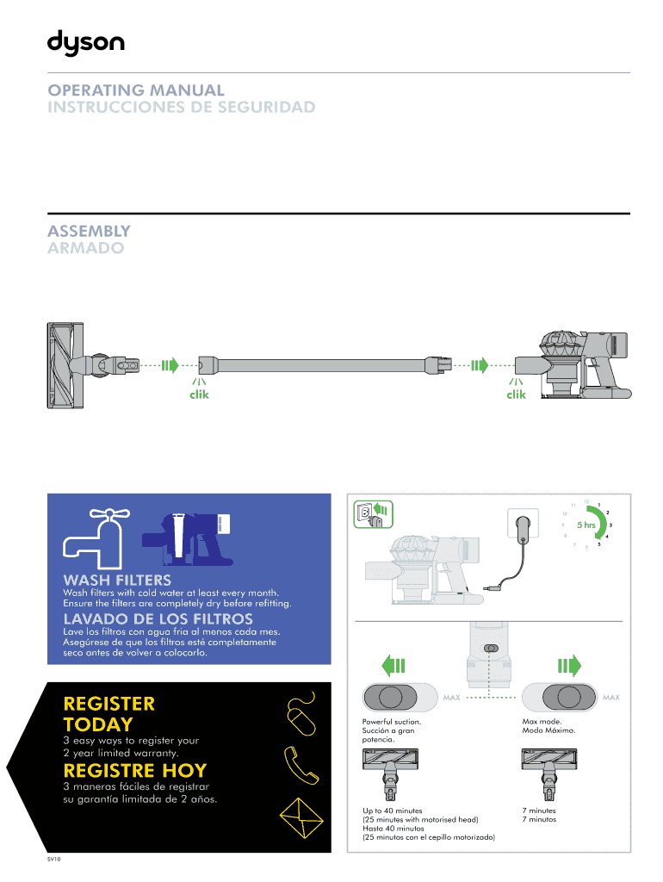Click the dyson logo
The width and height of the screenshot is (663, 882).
coord(86,43)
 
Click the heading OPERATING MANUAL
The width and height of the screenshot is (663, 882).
coord(136,90)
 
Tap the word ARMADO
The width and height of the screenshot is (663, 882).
coord(85,248)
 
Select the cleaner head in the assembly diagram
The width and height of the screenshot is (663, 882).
coord(93,365)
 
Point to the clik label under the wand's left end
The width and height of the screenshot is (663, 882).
coord(199,394)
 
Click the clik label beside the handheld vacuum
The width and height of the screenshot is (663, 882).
coord(517,394)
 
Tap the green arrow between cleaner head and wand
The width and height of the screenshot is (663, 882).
coord(170,365)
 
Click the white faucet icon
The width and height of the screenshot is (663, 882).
coord(96,538)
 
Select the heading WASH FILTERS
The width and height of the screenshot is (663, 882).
coord(117,580)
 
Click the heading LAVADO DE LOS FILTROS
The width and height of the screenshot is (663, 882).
coord(158,618)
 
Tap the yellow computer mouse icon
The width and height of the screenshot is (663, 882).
coord(301,714)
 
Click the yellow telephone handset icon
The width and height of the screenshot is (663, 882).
coord(301,766)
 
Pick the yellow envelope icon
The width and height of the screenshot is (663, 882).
coord(301,818)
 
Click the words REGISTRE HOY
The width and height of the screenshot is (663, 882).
coord(135,770)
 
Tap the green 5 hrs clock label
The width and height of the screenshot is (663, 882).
coord(586,525)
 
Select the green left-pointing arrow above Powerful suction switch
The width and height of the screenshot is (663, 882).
coord(393,666)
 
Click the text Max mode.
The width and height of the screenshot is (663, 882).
coord(542,721)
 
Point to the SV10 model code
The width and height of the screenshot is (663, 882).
coord(54,859)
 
